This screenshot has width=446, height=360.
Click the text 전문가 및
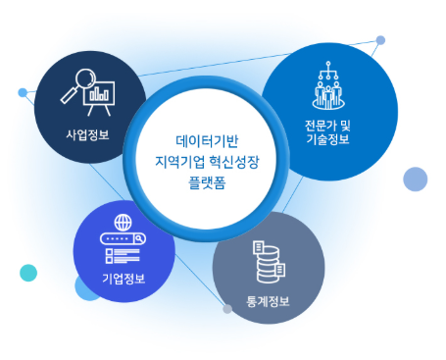pyautogui.click(x=326, y=125)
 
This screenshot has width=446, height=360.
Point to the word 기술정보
pyautogui.click(x=326, y=140)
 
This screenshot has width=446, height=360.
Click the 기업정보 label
pyautogui.click(x=124, y=279)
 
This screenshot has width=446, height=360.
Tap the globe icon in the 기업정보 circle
pyautogui.click(x=123, y=222)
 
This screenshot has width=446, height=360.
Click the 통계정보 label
pyautogui.click(x=268, y=301)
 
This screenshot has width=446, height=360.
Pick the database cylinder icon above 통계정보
pyautogui.click(x=267, y=259)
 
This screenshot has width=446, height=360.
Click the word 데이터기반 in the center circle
pyautogui.click(x=206, y=140)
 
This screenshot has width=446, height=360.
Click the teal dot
pyautogui.click(x=28, y=273)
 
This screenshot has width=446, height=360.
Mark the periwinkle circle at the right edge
pyautogui.click(x=416, y=179)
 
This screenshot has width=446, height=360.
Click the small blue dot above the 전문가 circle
pyautogui.click(x=380, y=40)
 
